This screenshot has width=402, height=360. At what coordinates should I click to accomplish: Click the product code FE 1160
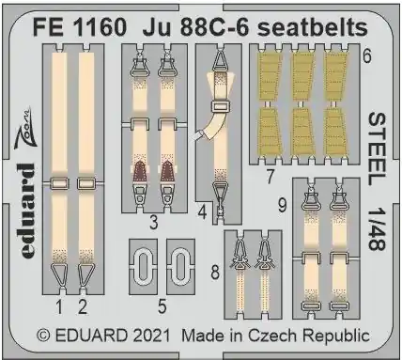click(x=80, y=27)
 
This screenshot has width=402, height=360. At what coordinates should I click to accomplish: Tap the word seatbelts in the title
click(x=312, y=27)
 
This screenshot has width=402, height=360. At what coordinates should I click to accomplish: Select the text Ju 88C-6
click(x=196, y=27)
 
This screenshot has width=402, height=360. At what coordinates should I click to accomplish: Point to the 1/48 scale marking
click(x=377, y=230)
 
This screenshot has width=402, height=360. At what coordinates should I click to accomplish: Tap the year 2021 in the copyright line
click(x=149, y=336)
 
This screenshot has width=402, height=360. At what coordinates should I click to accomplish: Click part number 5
click(x=162, y=307)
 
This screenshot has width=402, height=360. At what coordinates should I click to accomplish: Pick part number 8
click(x=215, y=272)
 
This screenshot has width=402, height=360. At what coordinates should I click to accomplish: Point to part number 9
click(x=282, y=206)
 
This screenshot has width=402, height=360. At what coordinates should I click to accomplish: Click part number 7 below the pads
click(x=270, y=177)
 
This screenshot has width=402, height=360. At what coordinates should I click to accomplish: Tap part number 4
click(x=203, y=213)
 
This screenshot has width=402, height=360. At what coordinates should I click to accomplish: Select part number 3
click(x=153, y=223)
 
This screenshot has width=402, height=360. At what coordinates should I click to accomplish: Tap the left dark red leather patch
click(x=139, y=173)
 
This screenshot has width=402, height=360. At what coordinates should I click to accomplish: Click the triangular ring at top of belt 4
click(x=221, y=60)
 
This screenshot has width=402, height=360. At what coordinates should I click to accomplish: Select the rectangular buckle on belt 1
click(x=59, y=184)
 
